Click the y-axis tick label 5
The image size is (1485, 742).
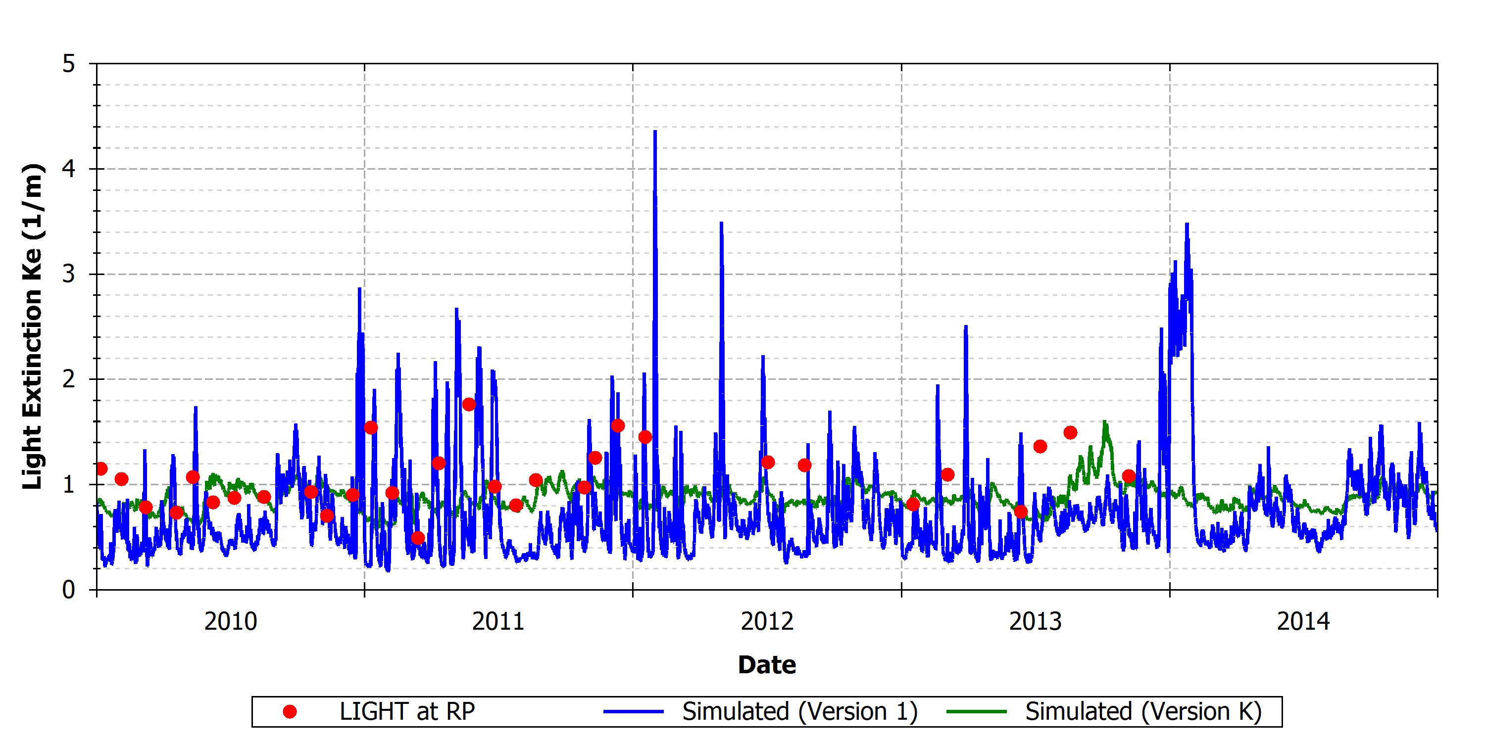[x=69, y=64]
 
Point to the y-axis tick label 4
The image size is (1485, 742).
[x=69, y=169]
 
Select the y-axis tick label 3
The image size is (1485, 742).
[x=69, y=274]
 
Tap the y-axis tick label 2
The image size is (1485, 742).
[x=69, y=379]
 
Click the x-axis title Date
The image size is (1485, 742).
[x=767, y=665]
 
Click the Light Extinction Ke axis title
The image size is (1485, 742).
[x=32, y=326]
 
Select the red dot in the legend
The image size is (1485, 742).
[x=290, y=712]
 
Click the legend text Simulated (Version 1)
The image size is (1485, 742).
[x=800, y=712]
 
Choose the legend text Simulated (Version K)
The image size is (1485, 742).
[x=1143, y=712]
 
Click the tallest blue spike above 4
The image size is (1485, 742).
[x=655, y=132]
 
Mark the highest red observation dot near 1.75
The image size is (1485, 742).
[x=469, y=405]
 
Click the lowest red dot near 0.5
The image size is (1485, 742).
[x=418, y=538]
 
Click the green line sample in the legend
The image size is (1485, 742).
[x=977, y=712]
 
